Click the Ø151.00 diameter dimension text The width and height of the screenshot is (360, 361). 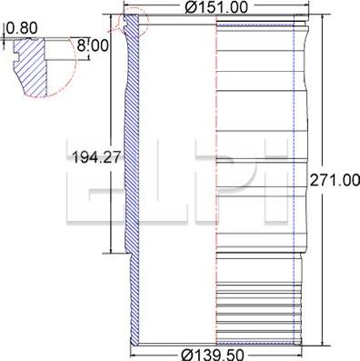point(216,7)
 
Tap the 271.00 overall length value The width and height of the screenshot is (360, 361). point(335,180)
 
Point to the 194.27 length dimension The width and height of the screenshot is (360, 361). point(97,157)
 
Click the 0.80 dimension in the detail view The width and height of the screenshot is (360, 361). point(22,28)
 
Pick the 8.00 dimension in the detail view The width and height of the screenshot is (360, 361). point(93,45)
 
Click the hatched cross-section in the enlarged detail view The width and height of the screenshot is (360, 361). point(30,65)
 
